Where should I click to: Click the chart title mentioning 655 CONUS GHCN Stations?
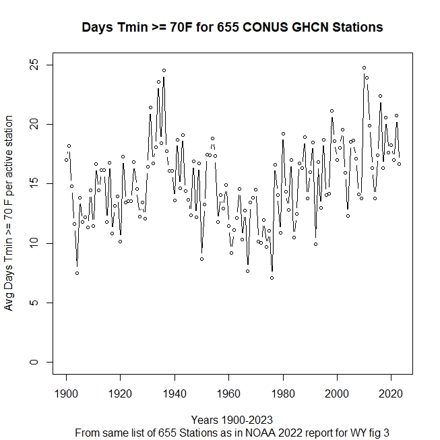pos(232,28)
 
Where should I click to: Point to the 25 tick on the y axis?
pos(32,65)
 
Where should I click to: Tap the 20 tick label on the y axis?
pos(32,125)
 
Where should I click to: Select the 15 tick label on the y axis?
pos(32,184)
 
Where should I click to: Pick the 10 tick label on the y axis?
pos(32,243)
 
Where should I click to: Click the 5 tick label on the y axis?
pos(32,303)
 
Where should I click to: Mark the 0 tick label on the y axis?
pos(32,362)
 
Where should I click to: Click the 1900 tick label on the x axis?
pos(66,392)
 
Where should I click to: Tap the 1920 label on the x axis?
pos(121,392)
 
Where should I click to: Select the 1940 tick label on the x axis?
pos(175,392)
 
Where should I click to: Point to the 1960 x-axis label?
pos(228,392)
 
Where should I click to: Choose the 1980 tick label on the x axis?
pos(283,392)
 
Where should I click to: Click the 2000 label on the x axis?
pos(337,392)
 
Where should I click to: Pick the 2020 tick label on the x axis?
pos(391,392)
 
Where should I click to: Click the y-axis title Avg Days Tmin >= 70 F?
pos(9,213)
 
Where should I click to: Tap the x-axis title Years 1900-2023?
pos(232,419)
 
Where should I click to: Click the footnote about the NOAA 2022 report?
pos(232,431)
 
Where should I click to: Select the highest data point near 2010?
pos(364,67)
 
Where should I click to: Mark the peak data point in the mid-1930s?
pos(164,70)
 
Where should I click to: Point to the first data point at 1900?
pos(66,160)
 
